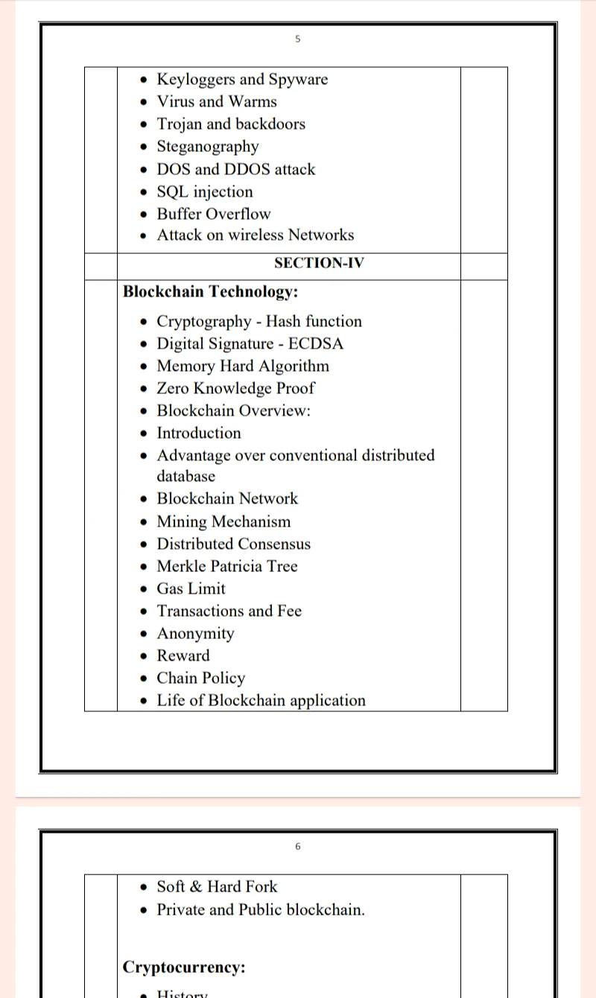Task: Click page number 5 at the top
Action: (x=297, y=39)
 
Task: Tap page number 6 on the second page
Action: (x=297, y=846)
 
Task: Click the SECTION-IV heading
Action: (x=319, y=263)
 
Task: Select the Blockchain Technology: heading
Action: (x=210, y=291)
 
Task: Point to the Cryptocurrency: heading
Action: (x=184, y=967)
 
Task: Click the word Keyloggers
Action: (x=196, y=80)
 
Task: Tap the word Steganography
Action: (x=207, y=147)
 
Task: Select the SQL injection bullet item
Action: (x=204, y=192)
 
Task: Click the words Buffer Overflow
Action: (x=213, y=214)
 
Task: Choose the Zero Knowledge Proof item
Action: (x=235, y=389)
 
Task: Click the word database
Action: (x=186, y=477)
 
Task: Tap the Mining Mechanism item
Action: (x=223, y=521)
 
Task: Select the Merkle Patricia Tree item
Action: (x=226, y=567)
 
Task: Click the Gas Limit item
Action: (x=191, y=589)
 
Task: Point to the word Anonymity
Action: (x=195, y=634)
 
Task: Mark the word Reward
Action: (x=183, y=656)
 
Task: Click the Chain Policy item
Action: (x=200, y=678)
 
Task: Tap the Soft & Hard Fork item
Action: (x=216, y=887)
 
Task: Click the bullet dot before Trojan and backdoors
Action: (x=145, y=125)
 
